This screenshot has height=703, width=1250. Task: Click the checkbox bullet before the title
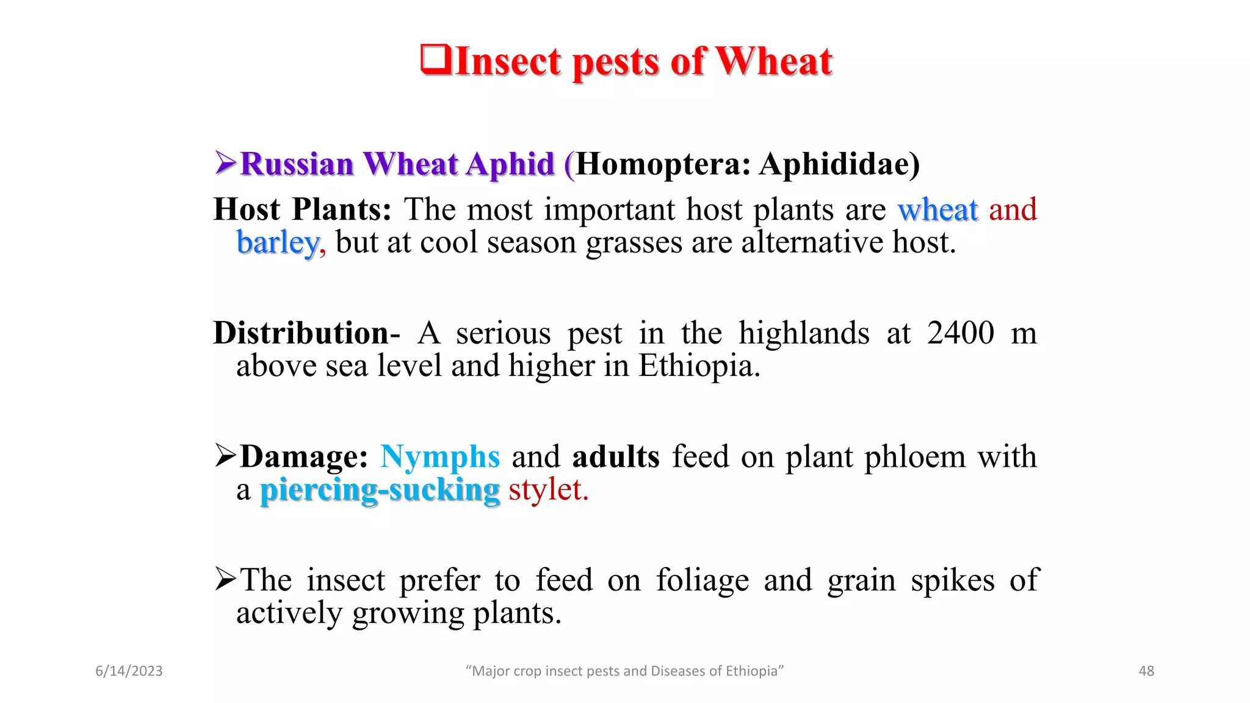point(436,60)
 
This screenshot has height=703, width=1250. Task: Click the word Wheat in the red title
point(774,62)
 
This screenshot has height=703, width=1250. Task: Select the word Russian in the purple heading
point(297,164)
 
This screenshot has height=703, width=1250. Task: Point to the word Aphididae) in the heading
point(839,164)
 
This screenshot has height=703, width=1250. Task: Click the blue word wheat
point(937,210)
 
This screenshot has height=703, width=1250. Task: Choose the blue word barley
point(278,243)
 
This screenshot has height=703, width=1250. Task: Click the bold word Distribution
point(301,333)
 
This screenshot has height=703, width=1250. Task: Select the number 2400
point(960,333)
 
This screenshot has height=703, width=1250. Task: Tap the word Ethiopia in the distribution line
point(698,366)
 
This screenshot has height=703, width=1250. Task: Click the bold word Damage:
point(304,456)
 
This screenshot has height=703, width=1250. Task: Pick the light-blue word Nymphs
point(440,456)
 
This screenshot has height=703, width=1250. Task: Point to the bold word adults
point(616,456)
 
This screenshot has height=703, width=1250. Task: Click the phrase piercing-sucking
point(380,490)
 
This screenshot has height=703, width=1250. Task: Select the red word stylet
point(548,489)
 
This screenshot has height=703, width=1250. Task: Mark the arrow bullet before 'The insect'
point(225,579)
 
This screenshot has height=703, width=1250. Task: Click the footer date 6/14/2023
point(129,671)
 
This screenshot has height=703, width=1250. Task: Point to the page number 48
point(1146,671)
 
